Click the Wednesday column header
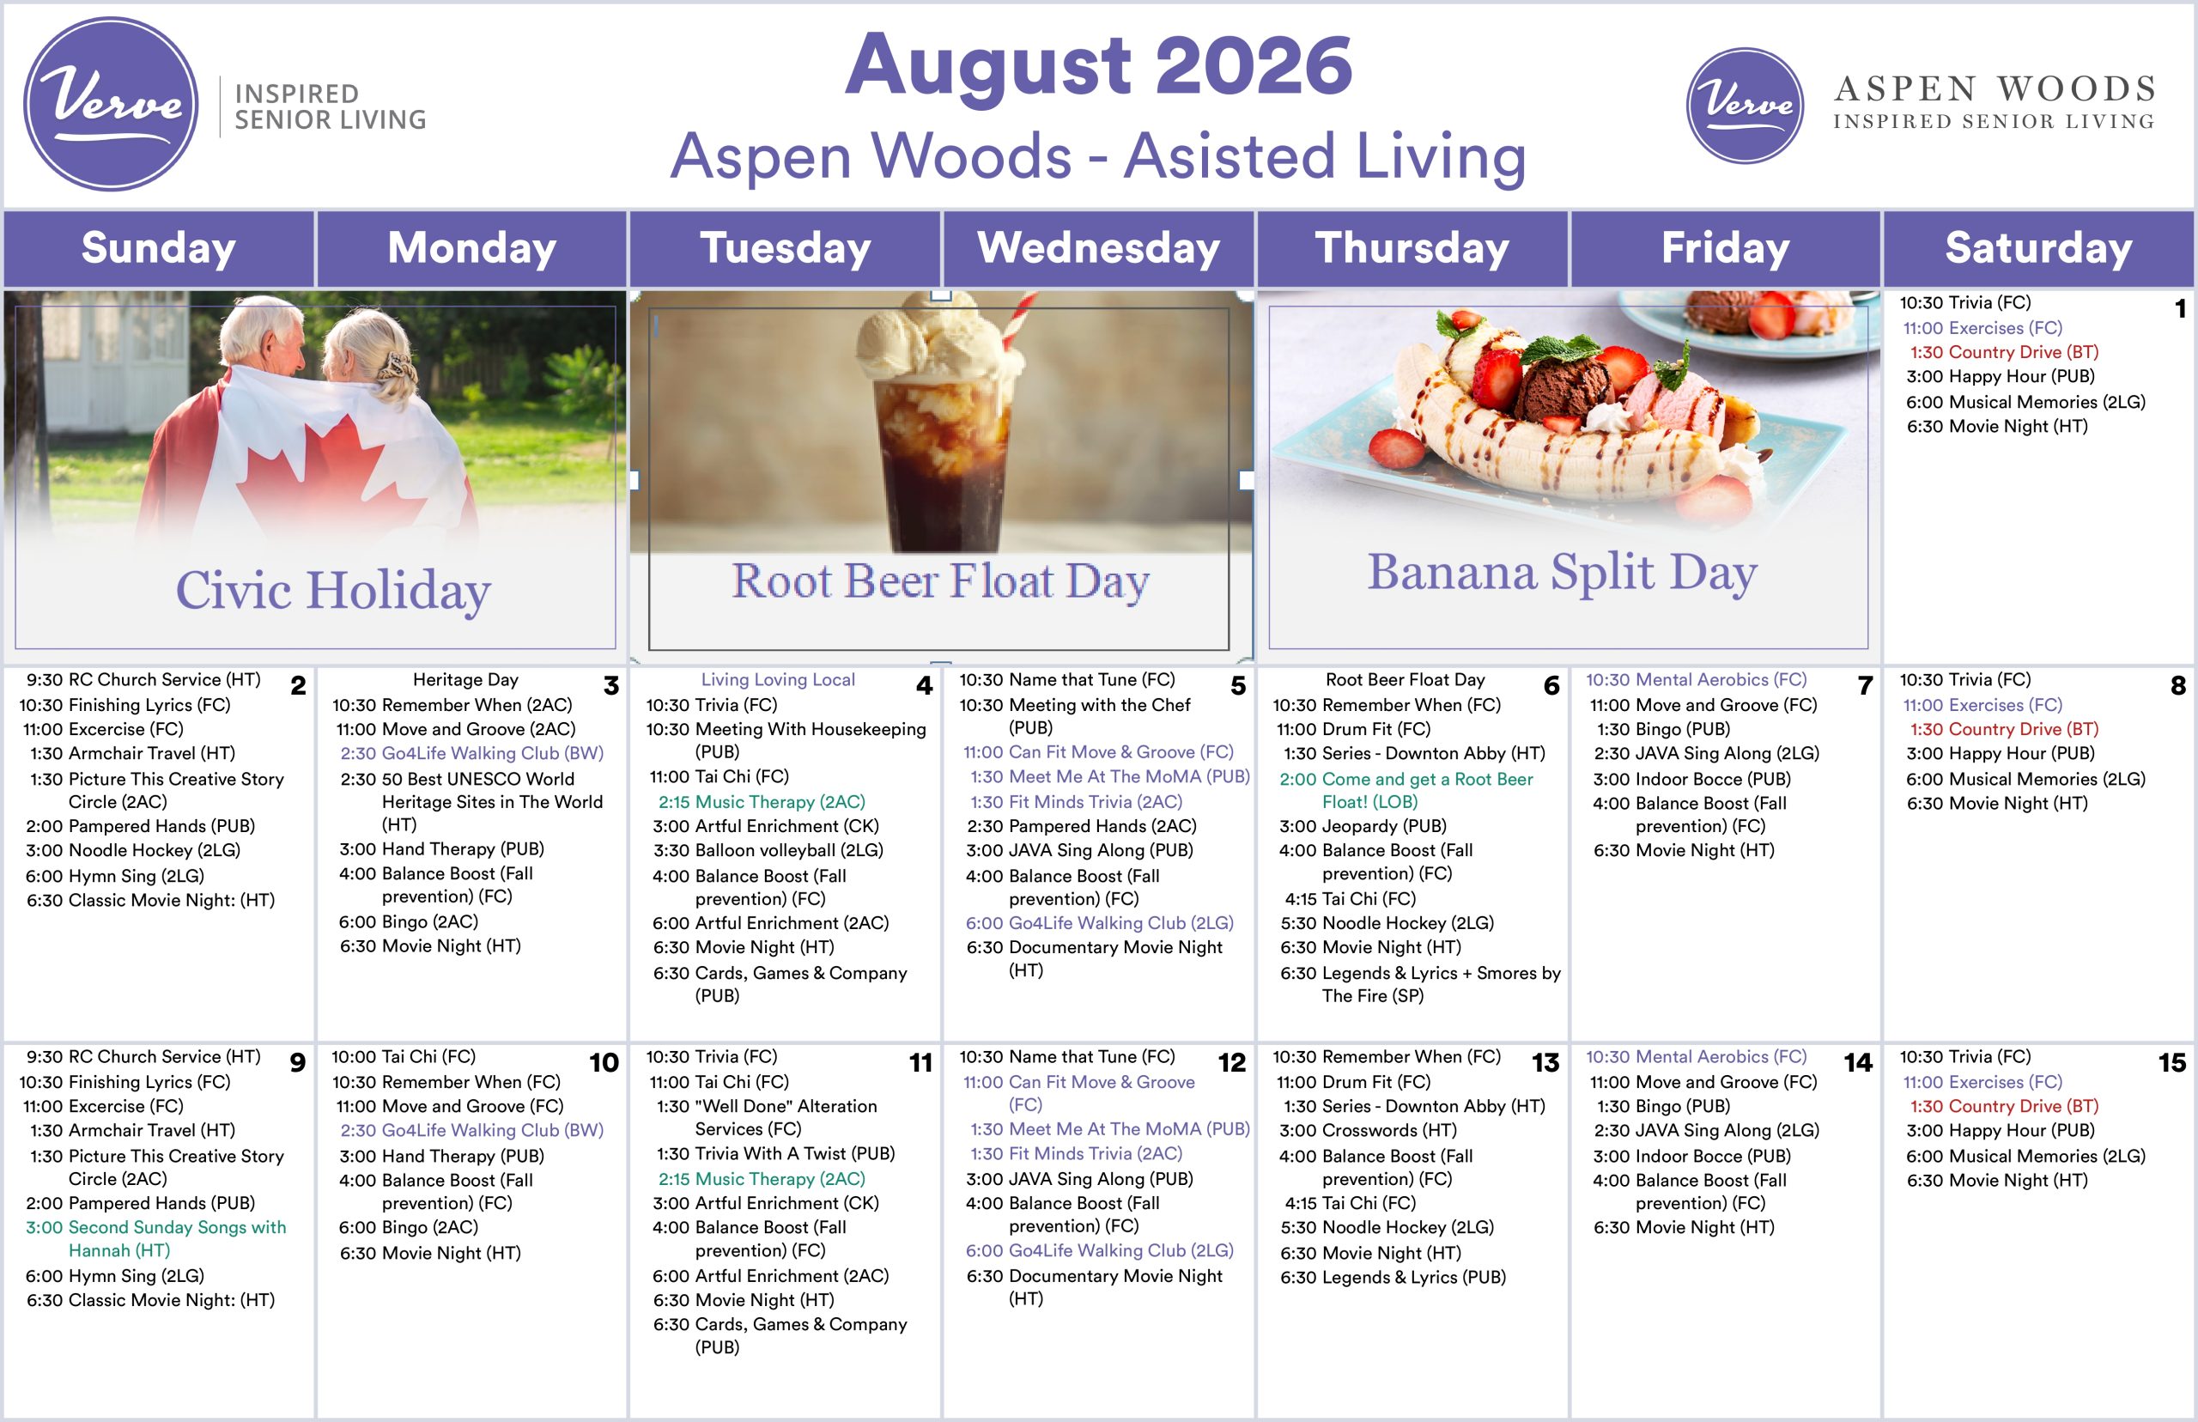(x=1098, y=247)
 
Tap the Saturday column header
(x=2038, y=247)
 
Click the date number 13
(x=1545, y=1063)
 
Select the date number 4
(x=924, y=686)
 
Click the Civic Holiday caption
(x=333, y=590)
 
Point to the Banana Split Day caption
(x=1562, y=573)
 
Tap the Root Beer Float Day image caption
(x=941, y=580)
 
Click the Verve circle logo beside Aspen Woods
(x=1745, y=106)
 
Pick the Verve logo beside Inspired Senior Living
(x=111, y=103)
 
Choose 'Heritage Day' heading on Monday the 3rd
(x=465, y=679)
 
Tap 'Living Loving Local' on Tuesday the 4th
(x=778, y=679)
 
